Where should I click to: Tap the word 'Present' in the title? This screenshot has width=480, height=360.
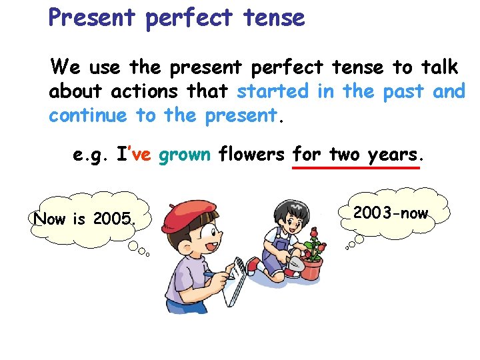click(x=92, y=17)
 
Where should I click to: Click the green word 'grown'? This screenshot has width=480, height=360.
click(x=185, y=155)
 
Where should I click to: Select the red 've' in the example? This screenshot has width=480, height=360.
click(x=142, y=155)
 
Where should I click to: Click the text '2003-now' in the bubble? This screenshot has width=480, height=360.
click(x=390, y=213)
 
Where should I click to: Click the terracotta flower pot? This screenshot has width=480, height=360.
click(x=311, y=267)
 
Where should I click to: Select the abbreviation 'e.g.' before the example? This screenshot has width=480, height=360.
click(x=91, y=155)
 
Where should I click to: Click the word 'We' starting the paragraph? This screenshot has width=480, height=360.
click(x=65, y=67)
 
